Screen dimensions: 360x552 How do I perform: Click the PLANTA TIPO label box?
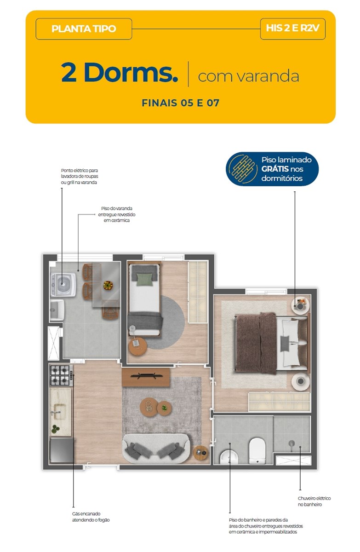coord(84,29)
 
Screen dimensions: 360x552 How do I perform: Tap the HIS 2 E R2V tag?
coord(292,29)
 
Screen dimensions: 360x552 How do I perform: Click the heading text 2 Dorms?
coord(119,72)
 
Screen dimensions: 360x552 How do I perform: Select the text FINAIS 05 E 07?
coord(180,103)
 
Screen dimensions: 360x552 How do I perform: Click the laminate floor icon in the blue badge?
coord(242,169)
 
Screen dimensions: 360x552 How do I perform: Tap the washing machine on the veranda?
coord(63,284)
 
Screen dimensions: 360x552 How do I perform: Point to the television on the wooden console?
coord(146,376)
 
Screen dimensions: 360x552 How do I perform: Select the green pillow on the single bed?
coord(145,280)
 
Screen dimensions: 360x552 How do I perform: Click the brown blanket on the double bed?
coord(256,344)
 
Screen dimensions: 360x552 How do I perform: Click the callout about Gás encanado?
coord(91,517)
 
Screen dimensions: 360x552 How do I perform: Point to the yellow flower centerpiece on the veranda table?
coord(108,285)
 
